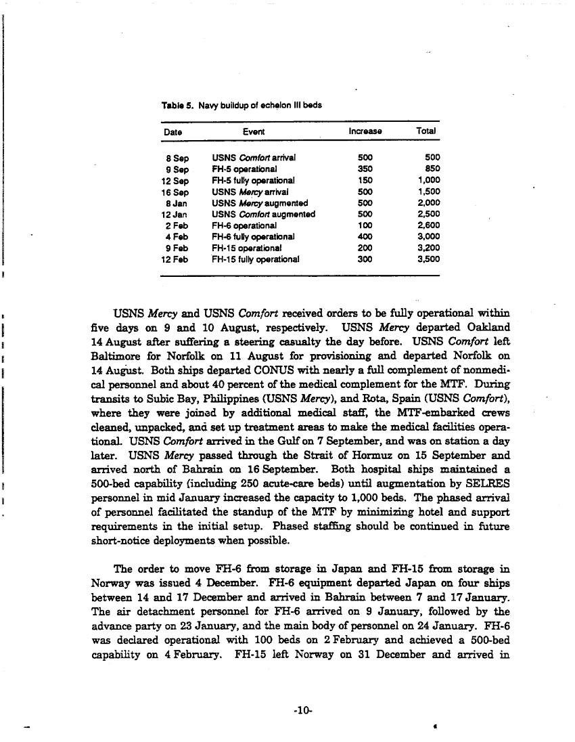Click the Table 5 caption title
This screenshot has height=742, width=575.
(241, 106)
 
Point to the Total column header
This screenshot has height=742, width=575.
(427, 131)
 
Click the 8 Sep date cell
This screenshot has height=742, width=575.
(177, 157)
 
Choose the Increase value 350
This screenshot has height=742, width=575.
(365, 169)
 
